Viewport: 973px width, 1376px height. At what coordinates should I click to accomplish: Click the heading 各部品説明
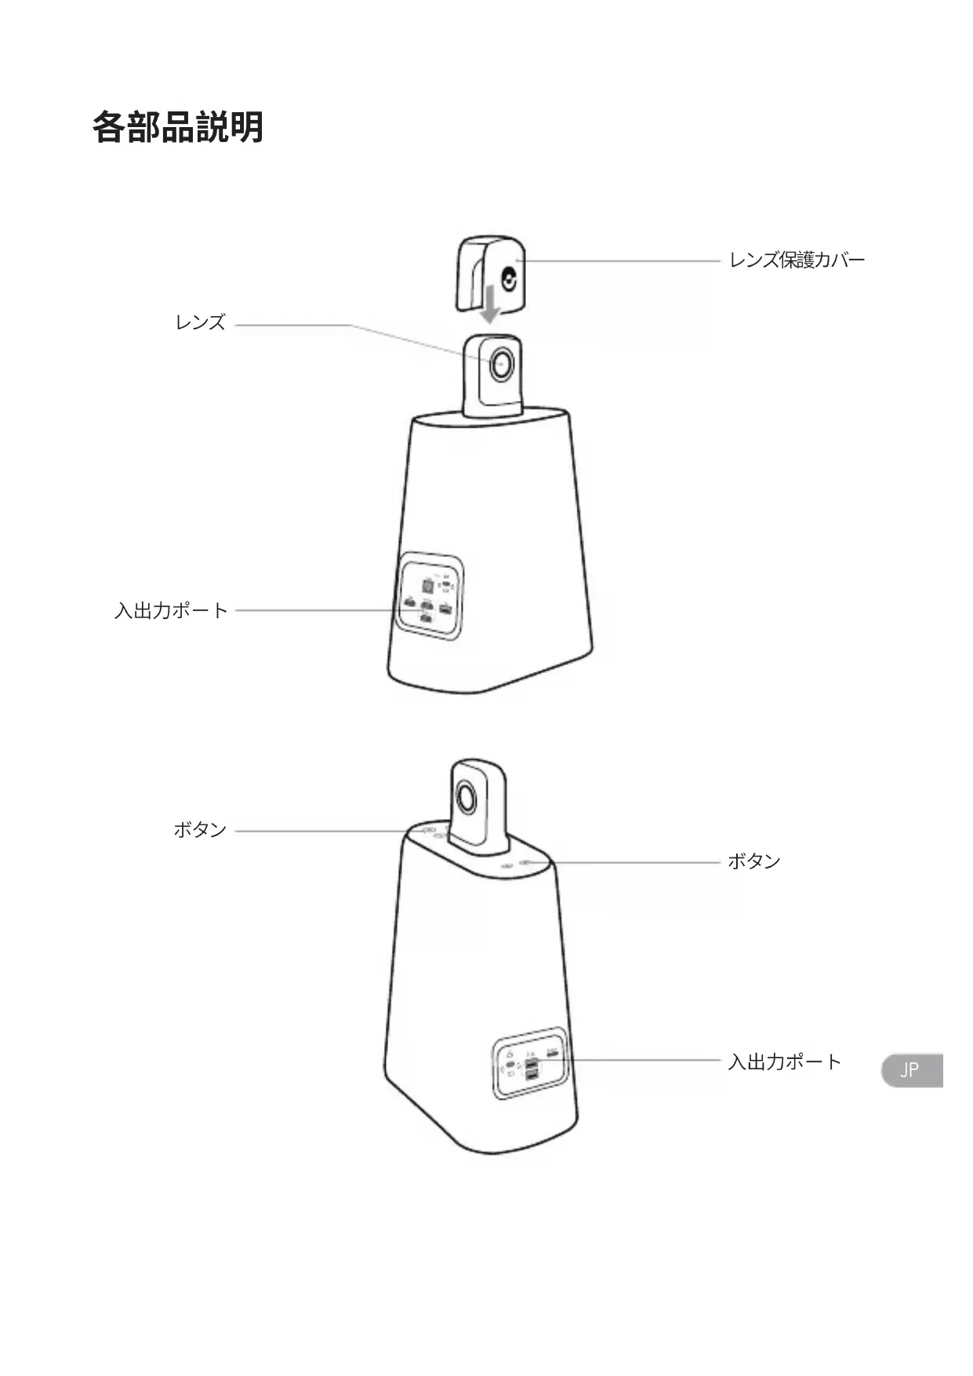point(178,127)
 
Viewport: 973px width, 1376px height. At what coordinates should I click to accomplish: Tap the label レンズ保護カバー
point(797,260)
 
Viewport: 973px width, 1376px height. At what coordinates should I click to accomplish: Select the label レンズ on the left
point(200,322)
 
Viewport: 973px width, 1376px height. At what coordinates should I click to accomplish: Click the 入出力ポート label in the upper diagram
point(171,610)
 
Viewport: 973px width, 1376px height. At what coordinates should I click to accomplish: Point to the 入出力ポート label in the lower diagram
point(784,1062)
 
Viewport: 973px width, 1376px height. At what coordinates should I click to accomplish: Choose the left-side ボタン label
point(200,830)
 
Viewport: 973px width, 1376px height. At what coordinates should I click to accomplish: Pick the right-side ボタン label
point(754,861)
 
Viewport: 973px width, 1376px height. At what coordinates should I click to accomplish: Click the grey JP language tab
point(911,1070)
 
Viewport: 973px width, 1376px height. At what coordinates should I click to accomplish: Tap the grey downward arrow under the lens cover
point(490,306)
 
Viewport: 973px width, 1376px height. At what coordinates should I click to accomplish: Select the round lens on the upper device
point(501,364)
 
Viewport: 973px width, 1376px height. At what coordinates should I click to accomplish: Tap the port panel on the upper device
point(430,597)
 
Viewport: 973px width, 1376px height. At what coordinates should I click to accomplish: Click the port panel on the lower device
point(530,1063)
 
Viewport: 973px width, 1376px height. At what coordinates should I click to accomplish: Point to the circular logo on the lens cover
point(510,280)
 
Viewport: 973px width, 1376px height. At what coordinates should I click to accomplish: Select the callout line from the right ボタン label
point(627,862)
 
